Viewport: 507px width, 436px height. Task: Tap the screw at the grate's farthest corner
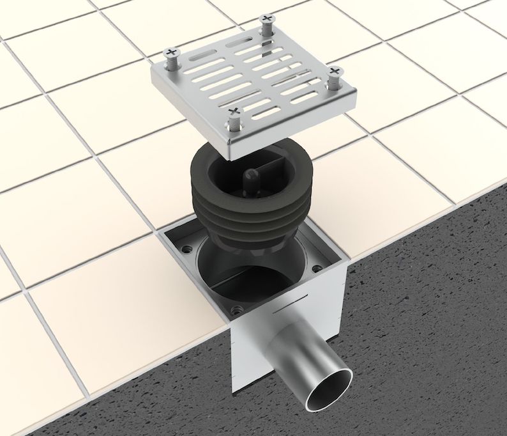tap(266, 21)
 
